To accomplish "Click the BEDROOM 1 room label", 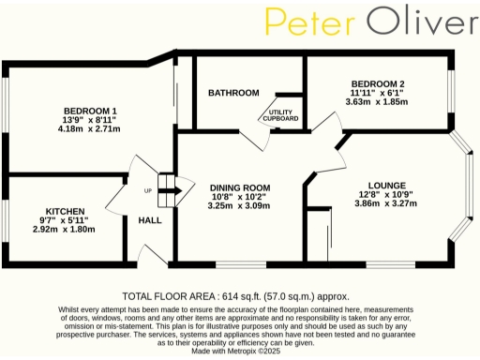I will (x=90, y=111).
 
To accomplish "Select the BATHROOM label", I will (x=233, y=93).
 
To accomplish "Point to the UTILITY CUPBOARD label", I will (x=280, y=114).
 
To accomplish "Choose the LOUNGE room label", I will (x=386, y=186).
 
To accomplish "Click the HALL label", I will (x=149, y=220).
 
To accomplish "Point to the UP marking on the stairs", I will (x=146, y=191).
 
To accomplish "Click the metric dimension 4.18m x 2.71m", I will (x=90, y=129).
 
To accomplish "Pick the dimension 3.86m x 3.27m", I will (x=386, y=203).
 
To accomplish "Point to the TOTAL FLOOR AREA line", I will (x=239, y=293).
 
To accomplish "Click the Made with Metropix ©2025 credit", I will (x=239, y=351).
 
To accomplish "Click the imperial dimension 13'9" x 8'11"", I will (x=90, y=120).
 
